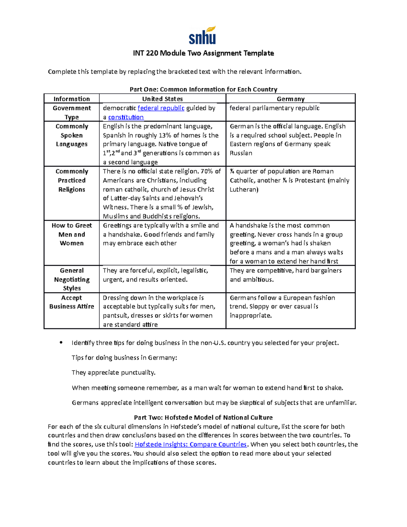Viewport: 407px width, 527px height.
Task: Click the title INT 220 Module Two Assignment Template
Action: point(203,53)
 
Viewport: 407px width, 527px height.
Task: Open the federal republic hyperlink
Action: point(161,108)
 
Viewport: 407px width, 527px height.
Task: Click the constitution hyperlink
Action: point(126,117)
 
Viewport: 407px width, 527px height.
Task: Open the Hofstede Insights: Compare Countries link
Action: point(191,445)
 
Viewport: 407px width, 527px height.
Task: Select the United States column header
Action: point(162,99)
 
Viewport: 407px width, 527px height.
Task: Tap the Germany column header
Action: point(290,99)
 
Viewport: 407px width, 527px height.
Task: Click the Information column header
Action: point(72,99)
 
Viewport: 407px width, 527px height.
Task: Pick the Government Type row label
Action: point(72,113)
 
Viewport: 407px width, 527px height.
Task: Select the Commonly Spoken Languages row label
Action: point(72,135)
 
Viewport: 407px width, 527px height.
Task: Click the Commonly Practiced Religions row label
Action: point(72,181)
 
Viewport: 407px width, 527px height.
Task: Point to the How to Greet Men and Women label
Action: point(72,234)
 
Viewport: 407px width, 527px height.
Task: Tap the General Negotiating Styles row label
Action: point(72,280)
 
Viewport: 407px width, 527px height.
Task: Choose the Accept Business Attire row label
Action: point(72,302)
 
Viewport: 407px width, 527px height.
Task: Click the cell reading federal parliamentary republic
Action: point(274,108)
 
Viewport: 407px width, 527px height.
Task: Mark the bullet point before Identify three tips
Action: point(61,342)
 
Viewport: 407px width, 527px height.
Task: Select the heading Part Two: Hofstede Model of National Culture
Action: point(203,418)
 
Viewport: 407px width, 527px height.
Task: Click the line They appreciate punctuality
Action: point(114,373)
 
